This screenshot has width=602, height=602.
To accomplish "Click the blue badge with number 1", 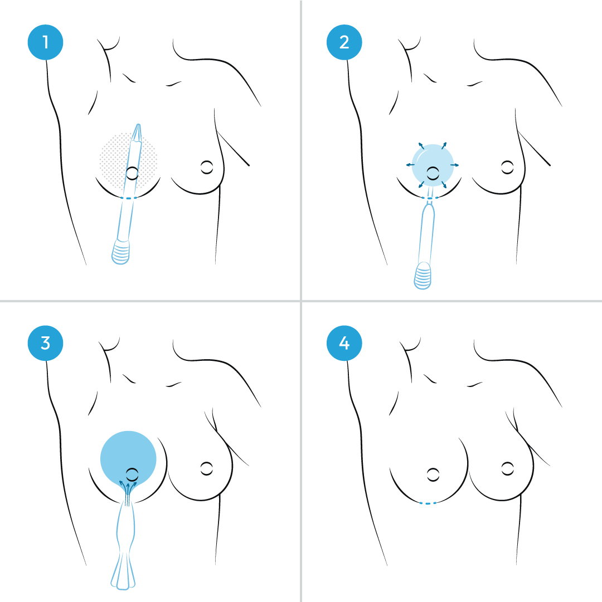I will coord(45,42).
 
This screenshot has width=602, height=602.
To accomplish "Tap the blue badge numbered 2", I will coord(344,42).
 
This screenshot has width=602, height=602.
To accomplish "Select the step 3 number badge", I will coord(45,343).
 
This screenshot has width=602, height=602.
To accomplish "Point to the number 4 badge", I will coord(344,343).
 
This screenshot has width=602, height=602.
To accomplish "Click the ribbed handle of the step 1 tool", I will coord(121,251).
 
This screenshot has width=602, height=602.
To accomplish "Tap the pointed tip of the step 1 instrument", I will coord(137,127).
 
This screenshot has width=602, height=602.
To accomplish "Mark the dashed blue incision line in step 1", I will coord(128,198).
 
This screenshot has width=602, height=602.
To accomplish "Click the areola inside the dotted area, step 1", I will coord(132,173).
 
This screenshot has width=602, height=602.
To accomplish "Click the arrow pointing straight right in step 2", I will coord(455,165).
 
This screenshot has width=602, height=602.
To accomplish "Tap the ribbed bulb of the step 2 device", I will coord(423,276).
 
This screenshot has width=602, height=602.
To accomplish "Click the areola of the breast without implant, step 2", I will coord(507,165).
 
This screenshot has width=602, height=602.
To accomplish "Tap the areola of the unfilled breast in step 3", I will coord(207,468).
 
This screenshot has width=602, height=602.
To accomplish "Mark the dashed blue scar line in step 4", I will coord(427,503).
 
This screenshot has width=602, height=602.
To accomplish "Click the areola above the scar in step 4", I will coord(433,474).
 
